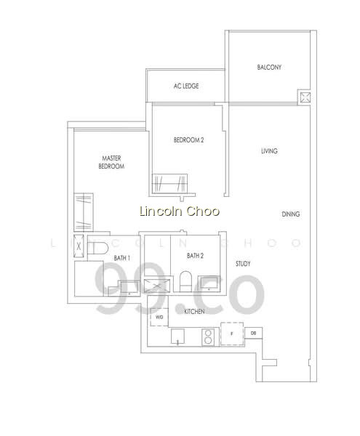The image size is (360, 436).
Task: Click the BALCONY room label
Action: pyautogui.click(x=269, y=68)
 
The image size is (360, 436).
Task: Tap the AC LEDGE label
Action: pyautogui.click(x=186, y=86)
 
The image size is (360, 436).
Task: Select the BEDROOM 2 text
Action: pyautogui.click(x=188, y=140)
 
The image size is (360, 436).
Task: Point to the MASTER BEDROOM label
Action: pyautogui.click(x=111, y=162)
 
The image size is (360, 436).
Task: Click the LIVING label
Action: pyautogui.click(x=269, y=151)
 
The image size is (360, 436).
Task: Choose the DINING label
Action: pyautogui.click(x=291, y=214)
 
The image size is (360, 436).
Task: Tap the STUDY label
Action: pyautogui.click(x=243, y=264)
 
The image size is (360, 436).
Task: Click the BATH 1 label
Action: pyautogui.click(x=122, y=258)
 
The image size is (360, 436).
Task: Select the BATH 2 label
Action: pyautogui.click(x=195, y=256)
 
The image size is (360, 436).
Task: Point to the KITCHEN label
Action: pyautogui.click(x=194, y=312)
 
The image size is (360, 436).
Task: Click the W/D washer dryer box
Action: pyautogui.click(x=159, y=317)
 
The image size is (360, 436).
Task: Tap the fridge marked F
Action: pyautogui.click(x=232, y=334)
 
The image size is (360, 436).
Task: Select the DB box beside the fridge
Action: pyautogui.click(x=253, y=333)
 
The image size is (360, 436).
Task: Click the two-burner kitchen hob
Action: pyautogui.click(x=208, y=336)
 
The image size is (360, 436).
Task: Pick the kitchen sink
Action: pyautogui.click(x=177, y=336)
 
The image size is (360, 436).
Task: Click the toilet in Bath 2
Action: pyautogui.click(x=185, y=281)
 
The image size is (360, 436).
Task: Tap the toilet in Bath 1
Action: pyautogui.click(x=98, y=248)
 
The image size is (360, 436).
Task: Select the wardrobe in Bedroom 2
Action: pyautogui.click(x=169, y=184)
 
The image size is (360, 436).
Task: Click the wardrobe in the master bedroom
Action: pyautogui.click(x=84, y=212)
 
